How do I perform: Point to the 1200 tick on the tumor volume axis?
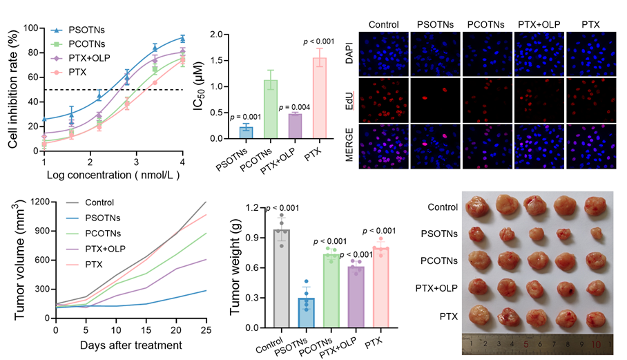pyautogui.click(x=39, y=202)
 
